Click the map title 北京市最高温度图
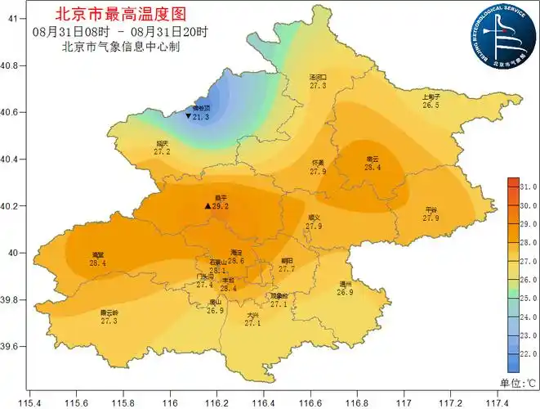(x=120, y=14)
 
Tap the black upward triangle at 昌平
(x=208, y=206)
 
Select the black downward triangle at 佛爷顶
(x=189, y=117)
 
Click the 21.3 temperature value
(x=201, y=118)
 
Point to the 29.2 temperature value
(x=220, y=207)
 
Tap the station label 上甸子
(x=431, y=97)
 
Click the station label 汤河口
(x=318, y=77)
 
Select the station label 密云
(x=373, y=159)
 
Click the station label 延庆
(x=162, y=143)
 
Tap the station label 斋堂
(x=98, y=255)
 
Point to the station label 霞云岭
(x=109, y=312)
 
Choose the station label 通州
(x=345, y=284)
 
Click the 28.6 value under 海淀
(x=237, y=261)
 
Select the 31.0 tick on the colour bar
(x=528, y=187)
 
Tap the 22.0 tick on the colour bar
(x=528, y=353)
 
